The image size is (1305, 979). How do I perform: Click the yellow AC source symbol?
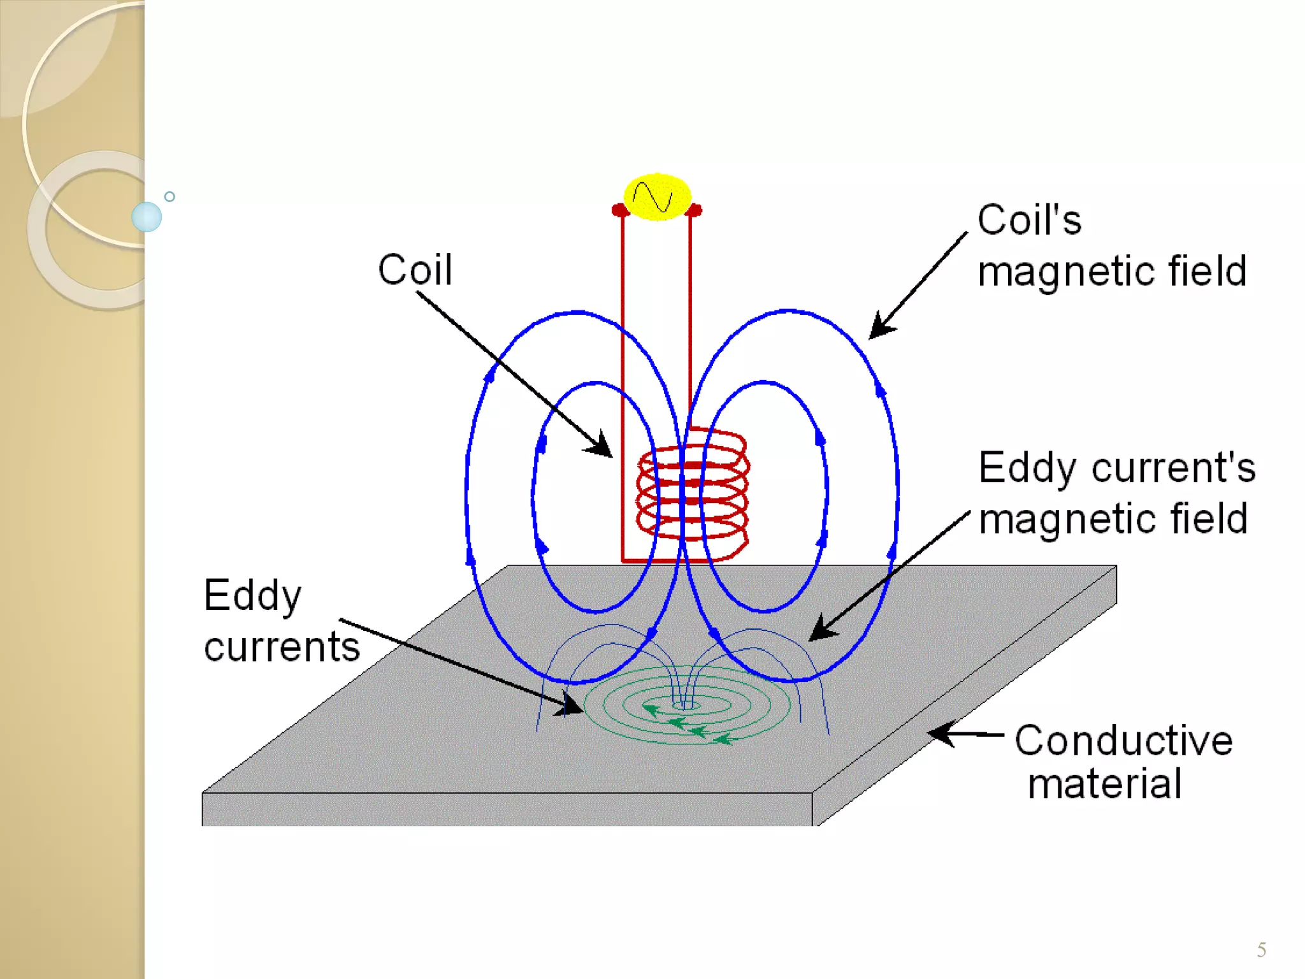click(657, 197)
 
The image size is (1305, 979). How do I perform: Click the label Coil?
click(415, 270)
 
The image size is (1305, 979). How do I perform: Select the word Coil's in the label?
click(1029, 221)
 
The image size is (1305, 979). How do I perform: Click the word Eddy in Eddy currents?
click(252, 596)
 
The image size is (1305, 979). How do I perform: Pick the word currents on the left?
click(282, 647)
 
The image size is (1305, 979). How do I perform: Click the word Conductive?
click(1123, 741)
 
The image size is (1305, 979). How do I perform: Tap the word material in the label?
click(1105, 784)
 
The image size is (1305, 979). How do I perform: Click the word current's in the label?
click(1173, 467)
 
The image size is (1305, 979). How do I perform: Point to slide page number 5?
click(1261, 950)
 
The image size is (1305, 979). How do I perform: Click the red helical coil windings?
click(693, 494)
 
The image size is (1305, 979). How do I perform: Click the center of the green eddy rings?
click(686, 705)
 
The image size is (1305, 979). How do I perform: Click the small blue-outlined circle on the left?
click(169, 197)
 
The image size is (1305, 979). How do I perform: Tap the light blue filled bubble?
click(147, 217)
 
